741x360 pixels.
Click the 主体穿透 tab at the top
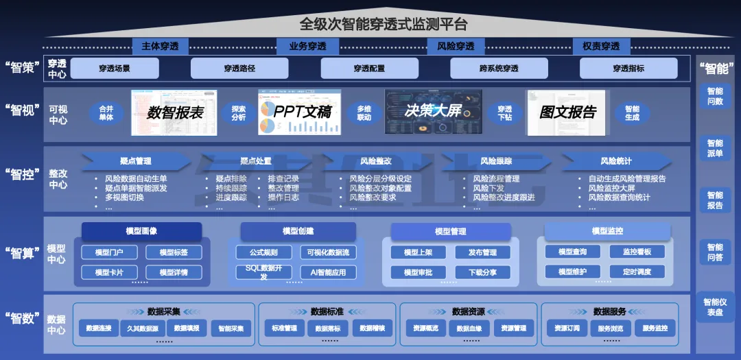(x=160, y=47)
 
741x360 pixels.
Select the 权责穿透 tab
(x=601, y=47)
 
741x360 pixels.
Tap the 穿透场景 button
(x=114, y=69)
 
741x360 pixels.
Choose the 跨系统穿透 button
(x=499, y=69)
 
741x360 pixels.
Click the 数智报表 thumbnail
(x=174, y=112)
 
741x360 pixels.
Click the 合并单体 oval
(x=106, y=113)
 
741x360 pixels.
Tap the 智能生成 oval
(x=632, y=113)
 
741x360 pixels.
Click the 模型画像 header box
(x=141, y=231)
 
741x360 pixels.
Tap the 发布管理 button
(x=482, y=252)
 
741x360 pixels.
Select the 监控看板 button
(x=637, y=252)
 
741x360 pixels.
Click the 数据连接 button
(x=99, y=328)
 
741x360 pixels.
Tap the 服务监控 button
(x=655, y=328)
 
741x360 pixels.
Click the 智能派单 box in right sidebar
(x=715, y=148)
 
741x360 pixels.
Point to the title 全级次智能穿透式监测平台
(x=384, y=25)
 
